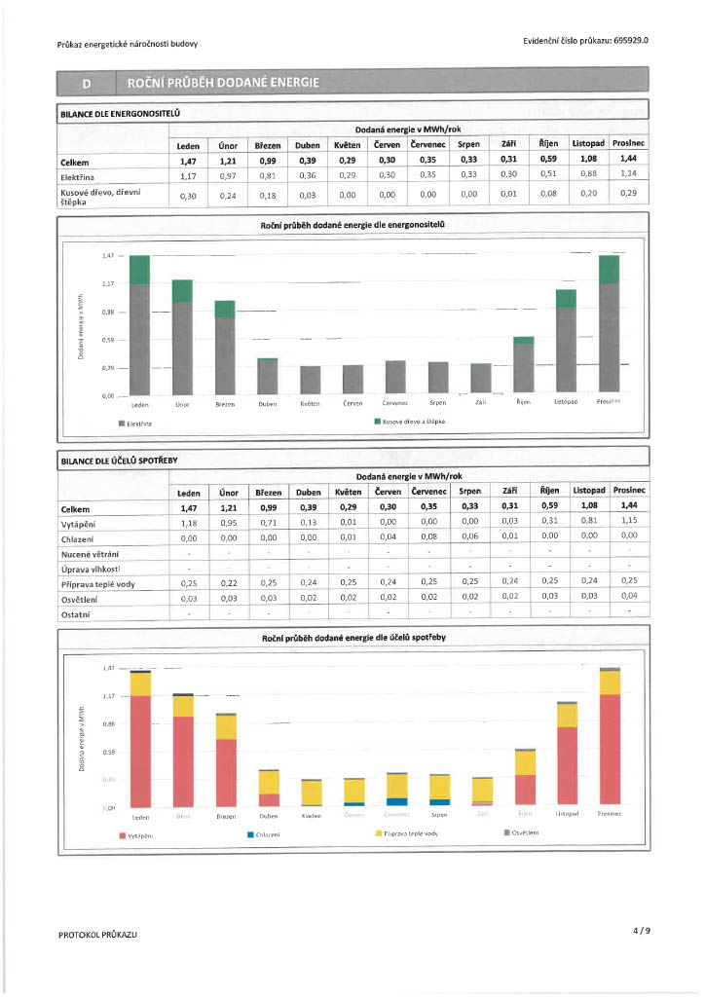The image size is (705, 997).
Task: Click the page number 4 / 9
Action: click(x=641, y=931)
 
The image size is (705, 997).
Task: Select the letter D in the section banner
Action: click(x=85, y=82)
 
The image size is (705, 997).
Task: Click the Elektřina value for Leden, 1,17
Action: click(x=189, y=176)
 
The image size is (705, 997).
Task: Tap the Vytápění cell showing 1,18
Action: click(x=189, y=523)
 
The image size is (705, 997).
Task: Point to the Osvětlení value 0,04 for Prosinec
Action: click(x=629, y=596)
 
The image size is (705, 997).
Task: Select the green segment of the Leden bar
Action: click(x=139, y=270)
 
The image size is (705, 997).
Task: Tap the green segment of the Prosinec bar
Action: click(x=609, y=270)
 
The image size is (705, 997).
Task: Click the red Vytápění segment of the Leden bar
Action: click(x=140, y=750)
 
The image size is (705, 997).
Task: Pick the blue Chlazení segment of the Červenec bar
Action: click(x=396, y=801)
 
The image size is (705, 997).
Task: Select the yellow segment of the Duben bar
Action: click(x=269, y=782)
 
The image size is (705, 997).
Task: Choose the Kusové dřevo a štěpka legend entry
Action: click(x=410, y=422)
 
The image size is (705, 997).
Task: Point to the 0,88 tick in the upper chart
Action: click(x=107, y=312)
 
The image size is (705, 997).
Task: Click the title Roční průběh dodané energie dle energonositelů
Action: click(x=352, y=225)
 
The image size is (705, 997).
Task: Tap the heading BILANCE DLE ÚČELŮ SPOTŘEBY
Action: click(x=119, y=459)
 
